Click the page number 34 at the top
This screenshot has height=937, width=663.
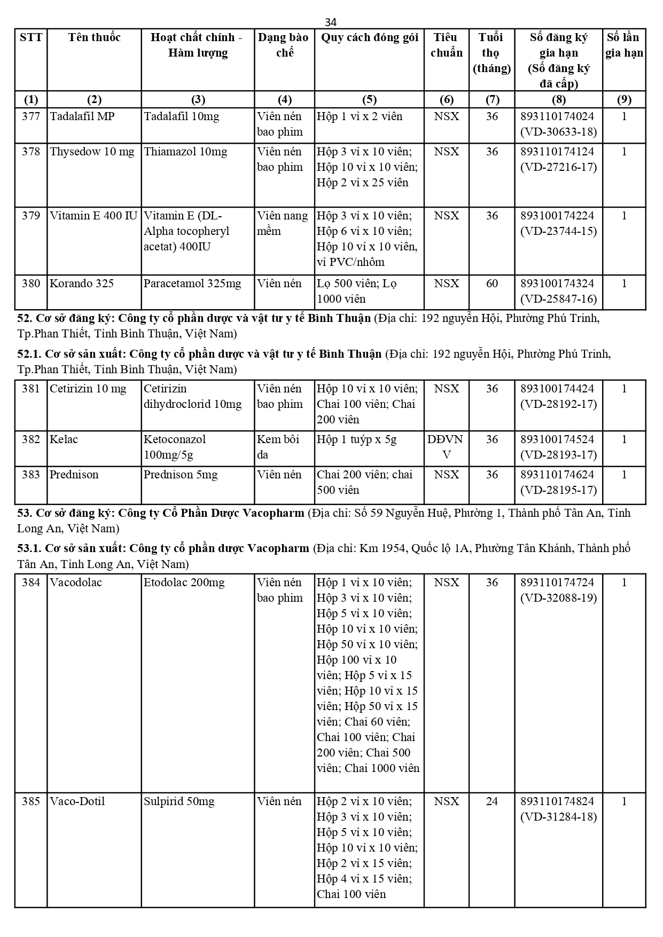(331, 22)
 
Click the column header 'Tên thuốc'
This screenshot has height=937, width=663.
(94, 37)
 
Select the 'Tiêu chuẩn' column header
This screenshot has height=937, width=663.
(446, 45)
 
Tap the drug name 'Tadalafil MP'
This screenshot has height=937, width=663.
(82, 116)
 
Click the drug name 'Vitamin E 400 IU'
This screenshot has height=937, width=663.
(93, 216)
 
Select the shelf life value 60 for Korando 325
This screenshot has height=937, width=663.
(492, 284)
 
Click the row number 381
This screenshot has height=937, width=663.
(31, 389)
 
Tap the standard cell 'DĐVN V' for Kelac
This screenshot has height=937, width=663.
(446, 447)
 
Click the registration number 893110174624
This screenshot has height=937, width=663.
(557, 475)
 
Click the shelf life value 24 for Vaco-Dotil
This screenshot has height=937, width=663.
(492, 801)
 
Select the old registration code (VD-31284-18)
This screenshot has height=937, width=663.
(558, 817)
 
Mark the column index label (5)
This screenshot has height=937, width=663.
(369, 100)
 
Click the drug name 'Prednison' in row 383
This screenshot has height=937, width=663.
(74, 475)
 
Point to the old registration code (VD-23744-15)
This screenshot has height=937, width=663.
(558, 231)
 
